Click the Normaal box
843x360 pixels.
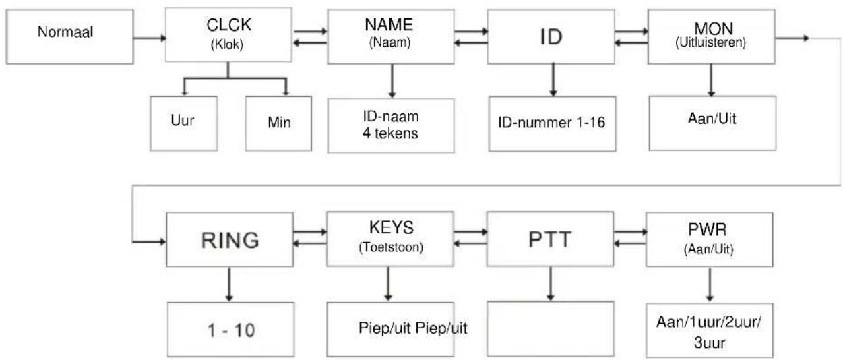[x=69, y=37]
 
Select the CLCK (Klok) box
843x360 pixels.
[x=228, y=34]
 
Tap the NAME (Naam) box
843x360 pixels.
[x=391, y=36]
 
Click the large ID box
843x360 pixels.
[x=551, y=36]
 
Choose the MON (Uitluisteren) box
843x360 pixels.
[x=712, y=36]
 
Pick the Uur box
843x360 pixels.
[x=184, y=123]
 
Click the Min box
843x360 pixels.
[x=278, y=123]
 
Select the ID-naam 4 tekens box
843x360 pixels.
[x=391, y=125]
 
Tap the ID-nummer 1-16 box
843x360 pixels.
[x=552, y=124]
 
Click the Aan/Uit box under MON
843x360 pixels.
[x=712, y=123]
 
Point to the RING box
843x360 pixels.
[x=230, y=239]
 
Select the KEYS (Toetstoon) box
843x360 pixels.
[x=390, y=239]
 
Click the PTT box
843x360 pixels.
[x=551, y=239]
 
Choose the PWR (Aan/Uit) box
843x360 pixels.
[x=710, y=239]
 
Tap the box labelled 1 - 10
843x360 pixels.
[x=230, y=330]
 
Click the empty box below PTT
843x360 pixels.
[x=551, y=329]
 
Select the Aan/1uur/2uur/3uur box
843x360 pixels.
[x=710, y=330]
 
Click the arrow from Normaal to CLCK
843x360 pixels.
[x=150, y=38]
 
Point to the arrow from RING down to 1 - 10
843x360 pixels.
[x=229, y=284]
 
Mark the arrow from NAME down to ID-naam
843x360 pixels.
[x=392, y=81]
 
